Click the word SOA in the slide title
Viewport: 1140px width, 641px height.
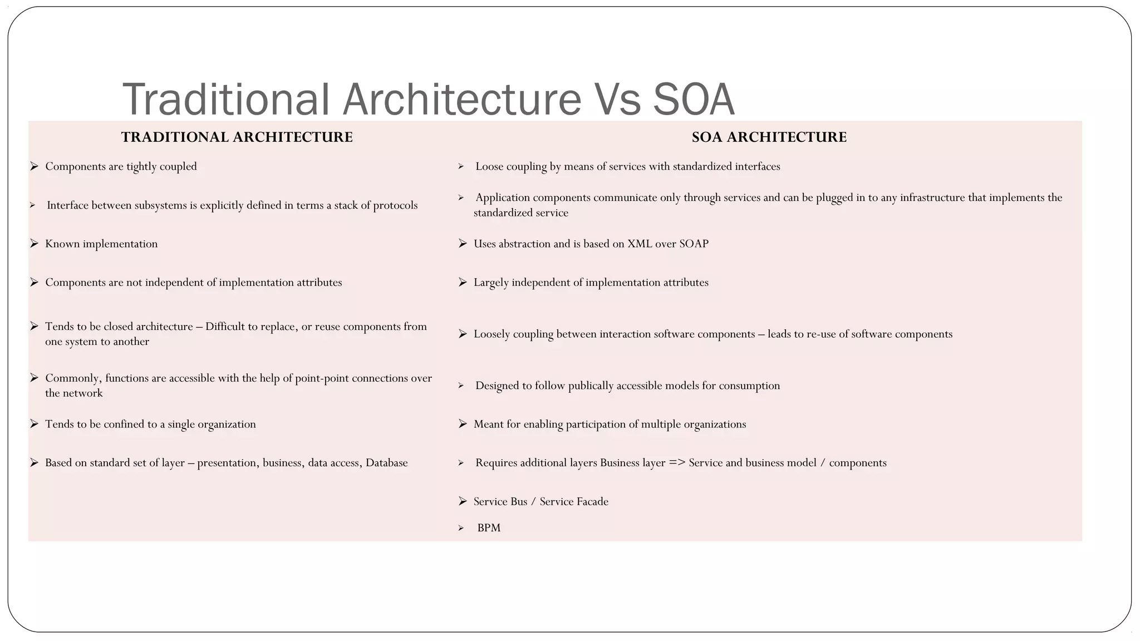click(694, 100)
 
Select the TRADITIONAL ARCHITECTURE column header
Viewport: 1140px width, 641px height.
click(237, 137)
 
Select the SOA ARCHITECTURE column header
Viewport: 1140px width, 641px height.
click(769, 137)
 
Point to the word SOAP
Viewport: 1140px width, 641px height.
click(694, 244)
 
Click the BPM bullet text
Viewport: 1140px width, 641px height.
click(489, 528)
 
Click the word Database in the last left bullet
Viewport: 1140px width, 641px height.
click(386, 463)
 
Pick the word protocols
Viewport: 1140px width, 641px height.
click(395, 205)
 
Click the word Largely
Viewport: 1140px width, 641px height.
click(491, 283)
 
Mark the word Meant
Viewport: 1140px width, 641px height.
click(488, 425)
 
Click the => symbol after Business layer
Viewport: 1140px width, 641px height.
click(677, 463)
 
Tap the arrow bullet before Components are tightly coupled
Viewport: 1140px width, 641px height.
click(34, 166)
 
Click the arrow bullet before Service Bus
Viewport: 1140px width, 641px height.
click(463, 501)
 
